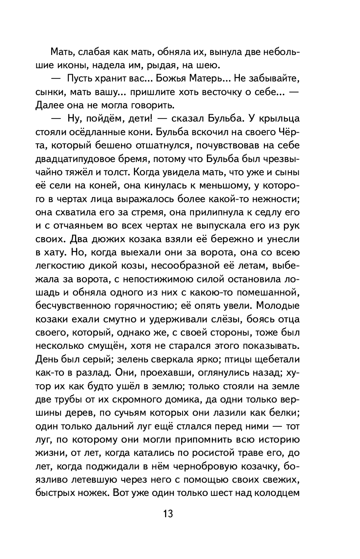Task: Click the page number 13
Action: pos(167,513)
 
